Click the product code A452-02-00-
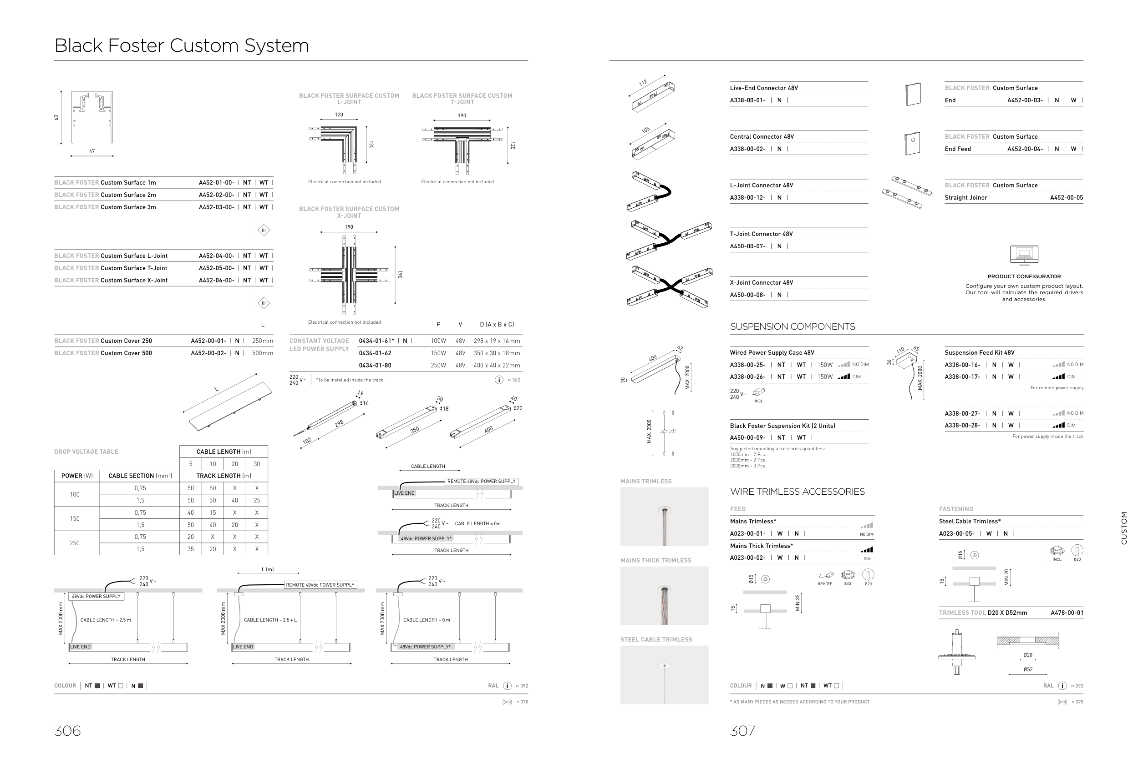216,195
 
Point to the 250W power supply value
438,366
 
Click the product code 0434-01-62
375,353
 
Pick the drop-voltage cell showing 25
257,500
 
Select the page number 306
67,730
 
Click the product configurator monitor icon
1024,255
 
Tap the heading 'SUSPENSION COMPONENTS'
792,327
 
